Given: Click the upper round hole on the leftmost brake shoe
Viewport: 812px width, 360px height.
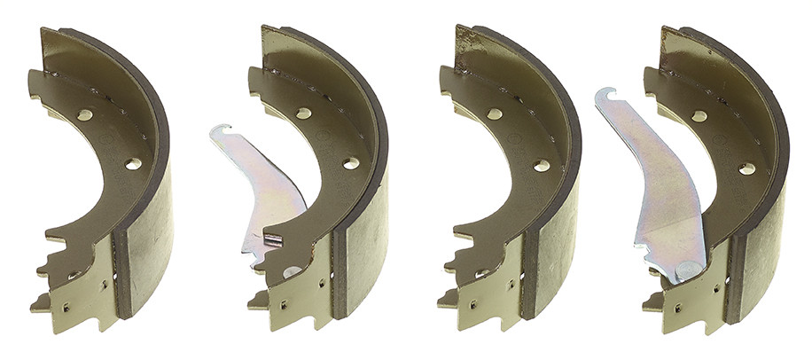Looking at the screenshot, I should tap(85, 114).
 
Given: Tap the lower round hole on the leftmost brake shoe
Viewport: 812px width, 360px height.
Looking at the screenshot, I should tap(133, 164).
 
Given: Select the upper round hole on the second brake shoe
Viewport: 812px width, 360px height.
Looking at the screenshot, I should tap(303, 113).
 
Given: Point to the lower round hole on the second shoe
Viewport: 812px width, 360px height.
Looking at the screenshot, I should tap(351, 163).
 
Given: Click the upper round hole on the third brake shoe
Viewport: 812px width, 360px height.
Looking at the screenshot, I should tap(494, 113).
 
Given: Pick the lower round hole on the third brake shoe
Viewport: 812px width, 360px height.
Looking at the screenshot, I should tap(541, 165).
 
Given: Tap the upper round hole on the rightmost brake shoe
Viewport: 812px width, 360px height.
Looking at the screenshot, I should tap(699, 115).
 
